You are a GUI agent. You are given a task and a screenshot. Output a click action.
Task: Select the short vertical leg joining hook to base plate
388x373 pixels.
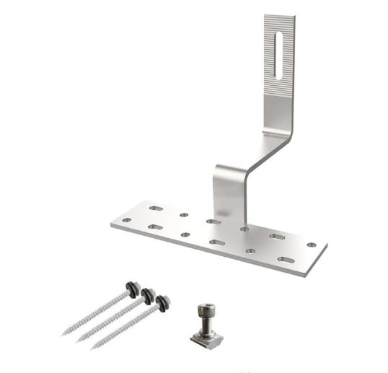pyautogui.click(x=229, y=195)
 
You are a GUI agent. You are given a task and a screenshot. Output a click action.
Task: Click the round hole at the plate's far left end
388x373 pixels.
pyautogui.click(x=127, y=219)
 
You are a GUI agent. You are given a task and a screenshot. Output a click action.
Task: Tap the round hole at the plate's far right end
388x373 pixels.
pyautogui.click(x=311, y=245)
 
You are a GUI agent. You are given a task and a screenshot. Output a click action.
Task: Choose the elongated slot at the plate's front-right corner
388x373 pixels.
pyautogui.click(x=286, y=259)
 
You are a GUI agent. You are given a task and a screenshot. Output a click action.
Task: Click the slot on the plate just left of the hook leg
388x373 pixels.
pyautogui.click(x=213, y=221)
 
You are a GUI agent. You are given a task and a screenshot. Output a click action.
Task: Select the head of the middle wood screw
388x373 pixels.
pyautogui.click(x=149, y=294)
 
